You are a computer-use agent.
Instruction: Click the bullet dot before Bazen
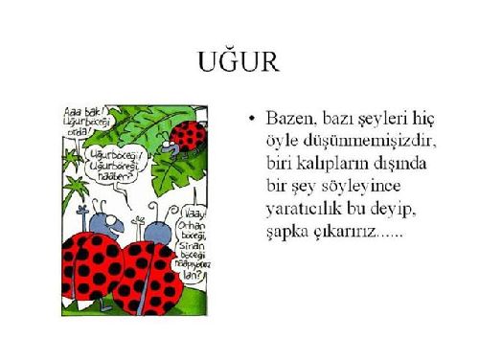tap(250, 119)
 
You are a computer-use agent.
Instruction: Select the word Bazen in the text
tap(289, 119)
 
